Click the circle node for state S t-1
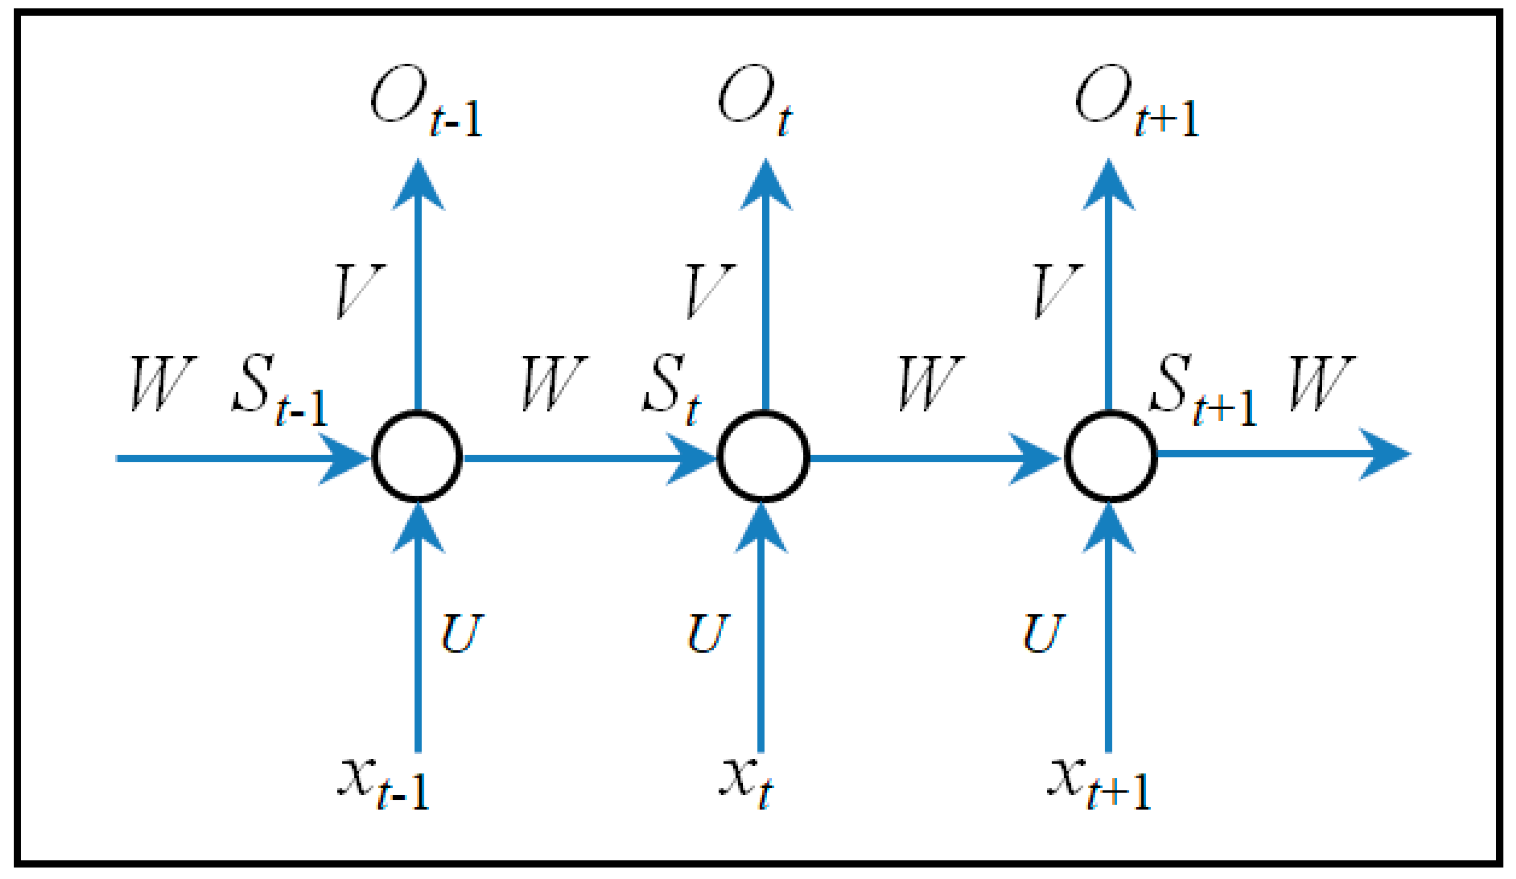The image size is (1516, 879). pyautogui.click(x=417, y=457)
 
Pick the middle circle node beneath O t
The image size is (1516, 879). pyautogui.click(x=764, y=457)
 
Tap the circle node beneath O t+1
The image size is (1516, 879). pyautogui.click(x=1111, y=457)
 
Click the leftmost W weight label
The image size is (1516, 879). pyautogui.click(x=162, y=384)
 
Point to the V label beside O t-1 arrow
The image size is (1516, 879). pyautogui.click(x=359, y=291)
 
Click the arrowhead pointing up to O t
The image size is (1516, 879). pyautogui.click(x=765, y=186)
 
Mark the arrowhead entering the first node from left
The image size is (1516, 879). pyautogui.click(x=343, y=458)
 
